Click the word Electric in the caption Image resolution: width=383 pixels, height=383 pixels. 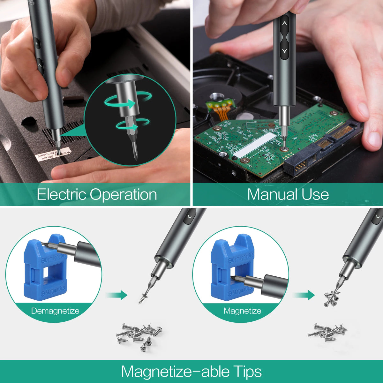61,194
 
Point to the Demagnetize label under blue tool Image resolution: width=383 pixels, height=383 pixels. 55,311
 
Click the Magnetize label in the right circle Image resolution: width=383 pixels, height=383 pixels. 242,311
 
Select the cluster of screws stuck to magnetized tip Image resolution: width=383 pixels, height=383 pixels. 331,297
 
